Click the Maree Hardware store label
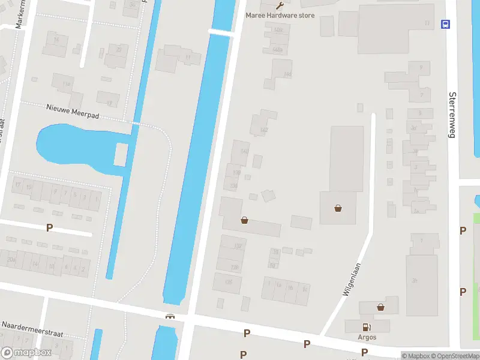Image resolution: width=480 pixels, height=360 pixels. click(280, 15)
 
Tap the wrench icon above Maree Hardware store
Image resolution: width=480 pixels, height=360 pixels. click(280, 5)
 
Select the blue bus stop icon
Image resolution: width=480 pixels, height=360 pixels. click(446, 24)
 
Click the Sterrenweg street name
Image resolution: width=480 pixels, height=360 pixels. click(452, 115)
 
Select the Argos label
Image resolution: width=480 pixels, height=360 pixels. click(367, 337)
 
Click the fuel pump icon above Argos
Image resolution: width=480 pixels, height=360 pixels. click(367, 327)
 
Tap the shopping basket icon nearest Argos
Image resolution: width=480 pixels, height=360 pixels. click(380, 307)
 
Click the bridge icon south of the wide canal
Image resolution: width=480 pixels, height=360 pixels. click(170, 316)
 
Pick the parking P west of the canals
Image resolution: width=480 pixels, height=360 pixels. click(50, 227)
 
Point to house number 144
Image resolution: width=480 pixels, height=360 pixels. click(287, 74)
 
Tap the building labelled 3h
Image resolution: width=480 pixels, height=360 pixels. click(415, 280)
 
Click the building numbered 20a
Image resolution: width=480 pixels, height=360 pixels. click(11, 259)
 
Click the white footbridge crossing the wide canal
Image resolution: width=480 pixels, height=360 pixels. click(220, 31)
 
